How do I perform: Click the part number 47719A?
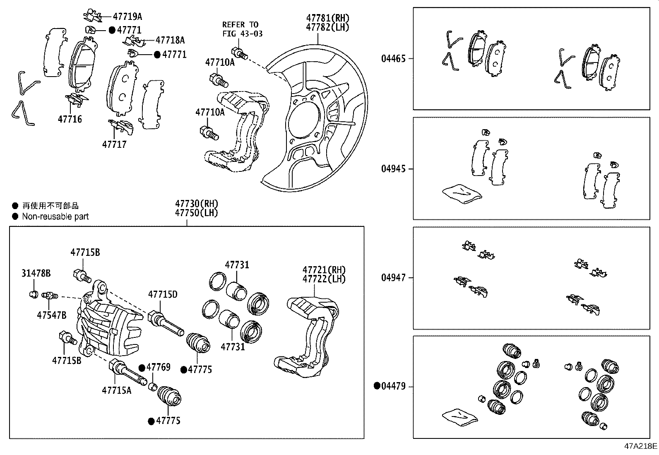point(127,17)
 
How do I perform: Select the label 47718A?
point(170,40)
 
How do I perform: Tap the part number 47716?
point(70,119)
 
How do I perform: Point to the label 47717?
point(114,144)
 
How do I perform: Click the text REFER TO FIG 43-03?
point(242,29)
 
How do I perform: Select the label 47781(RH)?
point(327,18)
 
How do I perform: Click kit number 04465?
point(393,59)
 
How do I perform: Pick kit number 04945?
point(393,169)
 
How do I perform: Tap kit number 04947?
point(393,278)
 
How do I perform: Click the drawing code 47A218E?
point(641,446)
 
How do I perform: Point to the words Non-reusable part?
point(55,217)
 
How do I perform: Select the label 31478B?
point(36,273)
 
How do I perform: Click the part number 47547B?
point(51,315)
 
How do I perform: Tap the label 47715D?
point(163,294)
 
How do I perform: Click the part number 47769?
point(158,368)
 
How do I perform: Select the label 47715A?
point(116,390)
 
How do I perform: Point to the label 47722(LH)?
point(324,279)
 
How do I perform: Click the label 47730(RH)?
point(196,204)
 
